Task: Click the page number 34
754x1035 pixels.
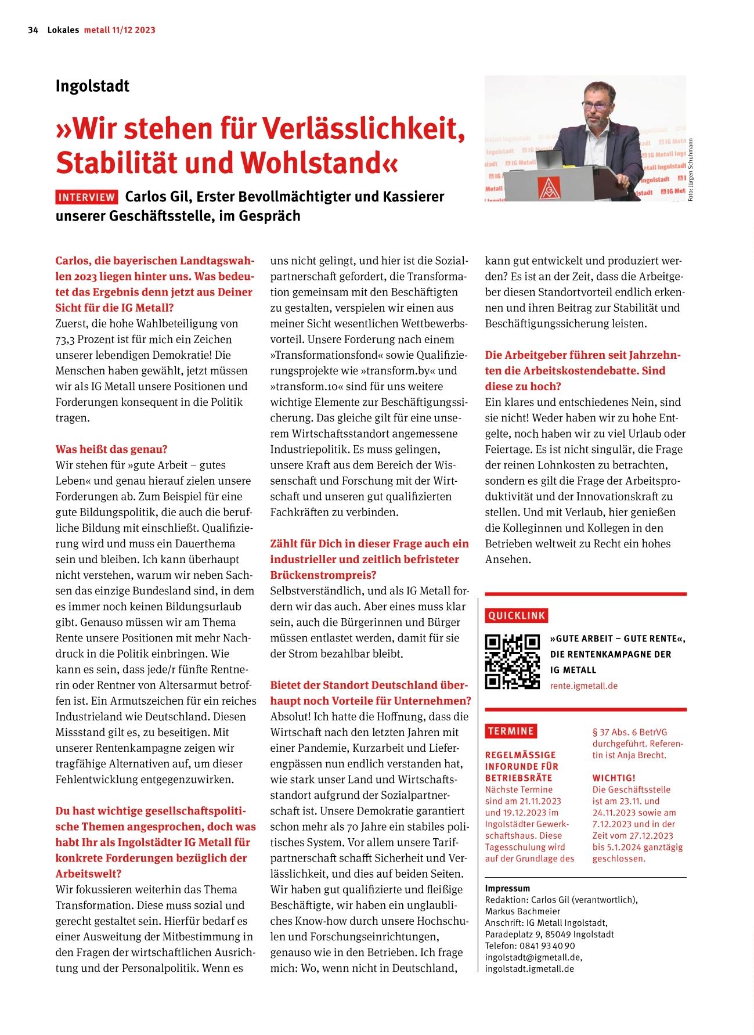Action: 33,30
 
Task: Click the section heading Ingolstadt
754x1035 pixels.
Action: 92,86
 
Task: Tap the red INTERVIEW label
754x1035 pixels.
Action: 87,197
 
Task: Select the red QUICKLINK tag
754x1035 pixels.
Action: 517,615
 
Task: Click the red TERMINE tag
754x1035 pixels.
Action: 511,731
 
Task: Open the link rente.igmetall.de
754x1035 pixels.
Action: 583,686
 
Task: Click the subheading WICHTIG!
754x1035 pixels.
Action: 614,778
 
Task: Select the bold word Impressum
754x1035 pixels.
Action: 507,888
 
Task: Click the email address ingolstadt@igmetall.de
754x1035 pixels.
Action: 533,957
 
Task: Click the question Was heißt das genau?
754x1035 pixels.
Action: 111,449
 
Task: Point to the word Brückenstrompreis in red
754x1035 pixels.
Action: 323,575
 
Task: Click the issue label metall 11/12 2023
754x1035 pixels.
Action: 120,30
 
